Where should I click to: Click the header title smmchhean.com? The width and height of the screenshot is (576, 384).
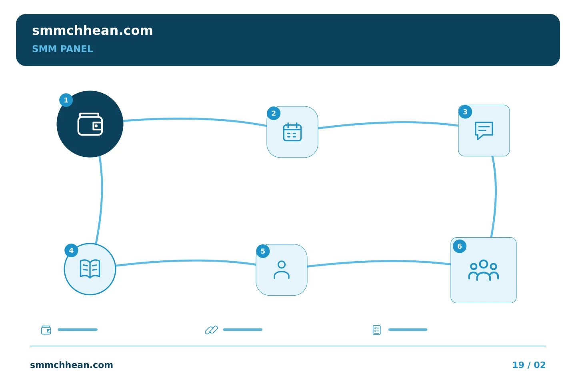pyautogui.click(x=92, y=31)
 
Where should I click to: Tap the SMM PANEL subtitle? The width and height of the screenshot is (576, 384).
pyautogui.click(x=62, y=49)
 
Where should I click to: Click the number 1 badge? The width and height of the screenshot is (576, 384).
pyautogui.click(x=66, y=100)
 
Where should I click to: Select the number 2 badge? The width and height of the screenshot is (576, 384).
pyautogui.click(x=274, y=114)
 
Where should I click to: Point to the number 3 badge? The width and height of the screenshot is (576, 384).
pyautogui.click(x=465, y=112)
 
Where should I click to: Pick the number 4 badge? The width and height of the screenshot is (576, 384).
pyautogui.click(x=71, y=250)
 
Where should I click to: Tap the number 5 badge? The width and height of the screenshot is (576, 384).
pyautogui.click(x=263, y=251)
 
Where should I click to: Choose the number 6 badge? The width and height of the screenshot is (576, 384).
pyautogui.click(x=460, y=246)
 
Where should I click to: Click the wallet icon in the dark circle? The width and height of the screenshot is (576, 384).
pyautogui.click(x=90, y=124)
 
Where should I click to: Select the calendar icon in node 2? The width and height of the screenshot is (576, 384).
pyautogui.click(x=292, y=132)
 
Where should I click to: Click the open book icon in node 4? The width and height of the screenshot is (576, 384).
pyautogui.click(x=90, y=269)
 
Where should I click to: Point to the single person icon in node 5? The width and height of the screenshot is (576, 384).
pyautogui.click(x=282, y=270)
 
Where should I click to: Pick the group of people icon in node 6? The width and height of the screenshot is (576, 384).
pyautogui.click(x=484, y=270)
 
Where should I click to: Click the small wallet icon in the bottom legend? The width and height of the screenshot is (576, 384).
pyautogui.click(x=46, y=330)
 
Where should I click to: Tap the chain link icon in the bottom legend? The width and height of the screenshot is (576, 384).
pyautogui.click(x=211, y=330)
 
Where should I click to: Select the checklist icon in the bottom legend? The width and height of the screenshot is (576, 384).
pyautogui.click(x=377, y=330)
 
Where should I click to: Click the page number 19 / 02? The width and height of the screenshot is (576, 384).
pyautogui.click(x=529, y=365)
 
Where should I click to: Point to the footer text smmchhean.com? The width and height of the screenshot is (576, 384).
pyautogui.click(x=72, y=365)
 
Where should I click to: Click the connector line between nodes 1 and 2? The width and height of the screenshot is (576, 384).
pyautogui.click(x=195, y=119)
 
